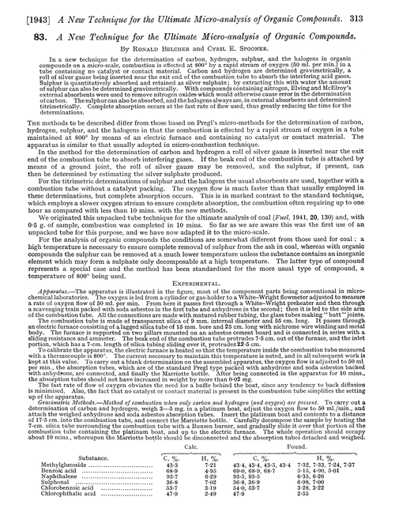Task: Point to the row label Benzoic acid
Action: tap(62, 497)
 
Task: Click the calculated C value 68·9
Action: tap(168, 497)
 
